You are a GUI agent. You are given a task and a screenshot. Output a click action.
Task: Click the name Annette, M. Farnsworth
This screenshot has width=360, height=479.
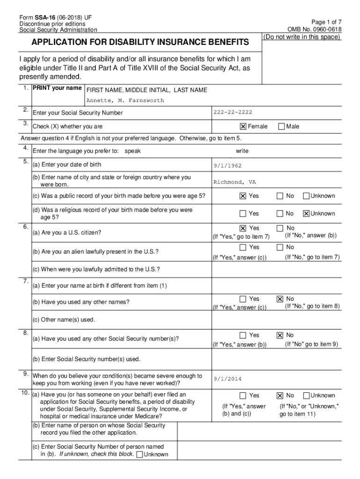(125, 101)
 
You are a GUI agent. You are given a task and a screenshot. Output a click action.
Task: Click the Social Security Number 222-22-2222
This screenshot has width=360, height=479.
(232, 112)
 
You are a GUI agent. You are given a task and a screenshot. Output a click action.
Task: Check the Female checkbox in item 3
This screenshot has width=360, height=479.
(243, 126)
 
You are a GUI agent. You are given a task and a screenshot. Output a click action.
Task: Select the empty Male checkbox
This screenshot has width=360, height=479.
(281, 126)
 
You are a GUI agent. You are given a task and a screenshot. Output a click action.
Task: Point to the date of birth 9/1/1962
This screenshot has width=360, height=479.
(228, 165)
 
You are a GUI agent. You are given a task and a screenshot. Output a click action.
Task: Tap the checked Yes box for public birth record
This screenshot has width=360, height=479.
(243, 196)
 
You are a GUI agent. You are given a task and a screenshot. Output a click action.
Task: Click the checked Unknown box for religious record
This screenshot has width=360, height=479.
(306, 214)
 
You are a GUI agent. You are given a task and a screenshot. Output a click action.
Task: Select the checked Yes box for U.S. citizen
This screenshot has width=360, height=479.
(243, 228)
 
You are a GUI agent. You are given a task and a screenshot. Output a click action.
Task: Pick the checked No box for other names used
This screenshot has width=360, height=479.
(280, 299)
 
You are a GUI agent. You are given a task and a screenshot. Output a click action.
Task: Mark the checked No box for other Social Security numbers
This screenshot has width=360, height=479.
(280, 335)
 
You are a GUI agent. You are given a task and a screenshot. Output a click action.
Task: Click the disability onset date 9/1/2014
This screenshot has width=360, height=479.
(228, 379)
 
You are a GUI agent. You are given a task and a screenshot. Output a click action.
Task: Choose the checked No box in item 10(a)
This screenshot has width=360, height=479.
(280, 396)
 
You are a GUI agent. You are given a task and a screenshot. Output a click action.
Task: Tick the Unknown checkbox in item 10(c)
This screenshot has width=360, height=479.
(139, 455)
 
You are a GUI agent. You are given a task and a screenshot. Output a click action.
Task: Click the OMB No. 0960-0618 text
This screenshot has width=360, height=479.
(315, 29)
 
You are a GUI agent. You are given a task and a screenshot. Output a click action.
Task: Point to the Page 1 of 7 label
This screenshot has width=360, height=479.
(326, 22)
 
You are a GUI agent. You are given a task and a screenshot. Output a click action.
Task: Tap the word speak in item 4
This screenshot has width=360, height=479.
(133, 151)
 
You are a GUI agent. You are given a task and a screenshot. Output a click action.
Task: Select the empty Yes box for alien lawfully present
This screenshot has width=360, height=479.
(243, 247)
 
